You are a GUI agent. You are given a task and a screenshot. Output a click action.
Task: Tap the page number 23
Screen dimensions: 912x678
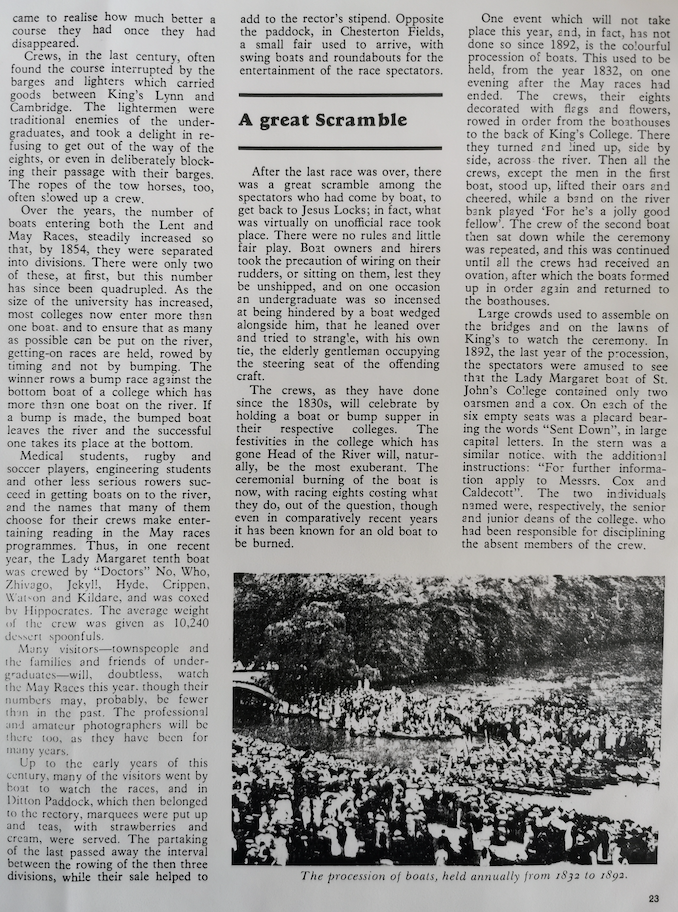click(653, 898)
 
